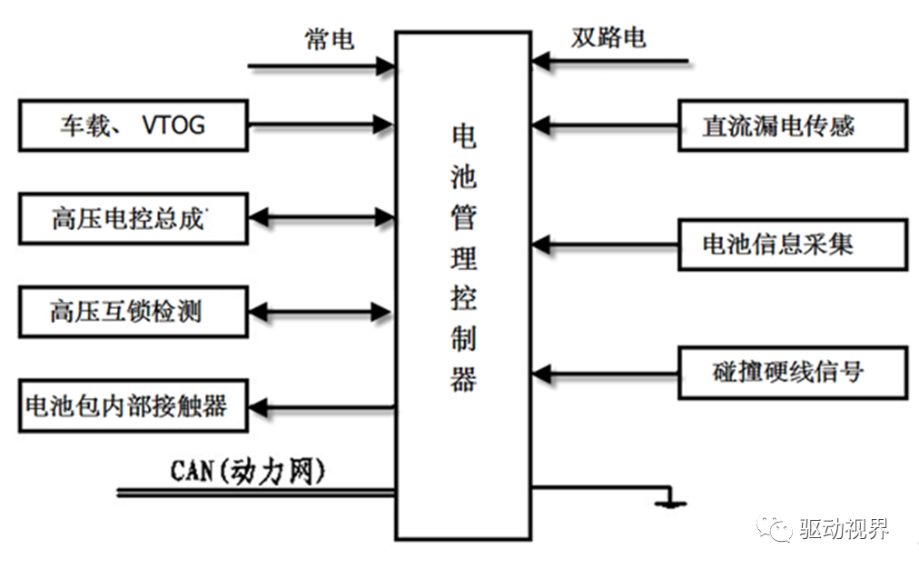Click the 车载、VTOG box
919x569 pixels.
coord(133,125)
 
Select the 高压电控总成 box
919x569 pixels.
coord(133,218)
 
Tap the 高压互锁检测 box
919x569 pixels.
coord(133,312)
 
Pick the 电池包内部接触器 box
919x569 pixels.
coord(133,405)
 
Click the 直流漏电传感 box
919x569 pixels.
coord(792,125)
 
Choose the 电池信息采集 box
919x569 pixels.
coord(792,244)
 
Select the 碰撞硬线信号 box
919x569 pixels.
coord(792,373)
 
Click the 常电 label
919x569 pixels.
coord(329,39)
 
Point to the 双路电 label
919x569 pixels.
coord(608,37)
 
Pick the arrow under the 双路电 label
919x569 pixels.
coord(610,62)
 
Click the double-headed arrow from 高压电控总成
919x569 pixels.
coord(321,218)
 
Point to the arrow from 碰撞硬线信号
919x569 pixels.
coord(606,373)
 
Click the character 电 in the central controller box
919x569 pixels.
coord(463,136)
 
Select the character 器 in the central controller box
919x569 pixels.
coord(463,379)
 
